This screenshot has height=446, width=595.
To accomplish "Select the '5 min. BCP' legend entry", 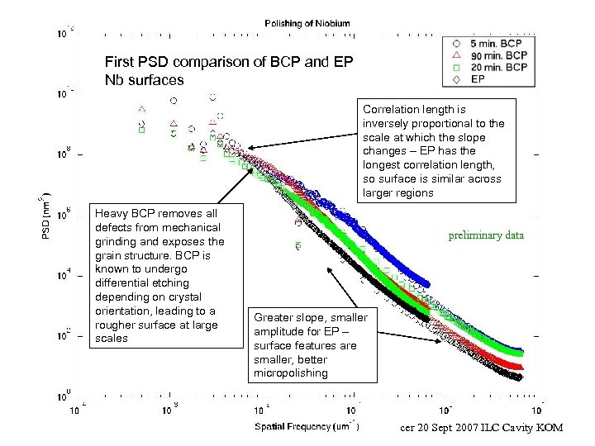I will coord(494,43).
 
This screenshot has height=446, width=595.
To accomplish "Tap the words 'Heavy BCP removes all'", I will coord(150,212).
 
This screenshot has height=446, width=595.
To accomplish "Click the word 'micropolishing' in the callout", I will coord(290,372).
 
